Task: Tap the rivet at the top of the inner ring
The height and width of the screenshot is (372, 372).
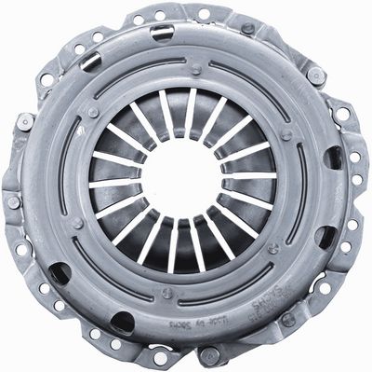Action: pyautogui.click(x=196, y=70)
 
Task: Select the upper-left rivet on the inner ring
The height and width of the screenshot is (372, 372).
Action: pyautogui.click(x=93, y=112)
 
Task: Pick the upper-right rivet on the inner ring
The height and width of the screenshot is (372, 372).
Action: pyautogui.click(x=286, y=133)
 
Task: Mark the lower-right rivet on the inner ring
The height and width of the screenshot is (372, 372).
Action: pyautogui.click(x=273, y=248)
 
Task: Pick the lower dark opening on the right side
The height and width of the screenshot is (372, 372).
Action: pyautogui.click(x=324, y=237)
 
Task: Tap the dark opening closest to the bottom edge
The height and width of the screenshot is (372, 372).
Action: pyautogui.click(x=122, y=324)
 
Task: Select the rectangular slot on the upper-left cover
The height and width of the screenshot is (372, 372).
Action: pyautogui.click(x=90, y=62)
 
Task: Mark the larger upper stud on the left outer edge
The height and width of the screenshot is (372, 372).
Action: pyautogui.click(x=25, y=120)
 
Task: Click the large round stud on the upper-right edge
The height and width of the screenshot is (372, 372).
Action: pyautogui.click(x=316, y=75)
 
